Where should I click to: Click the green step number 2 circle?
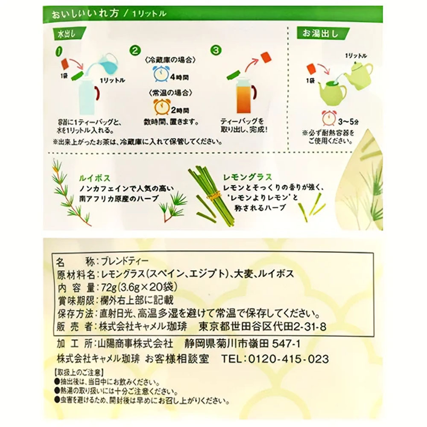135,51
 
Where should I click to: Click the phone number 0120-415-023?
290,358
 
